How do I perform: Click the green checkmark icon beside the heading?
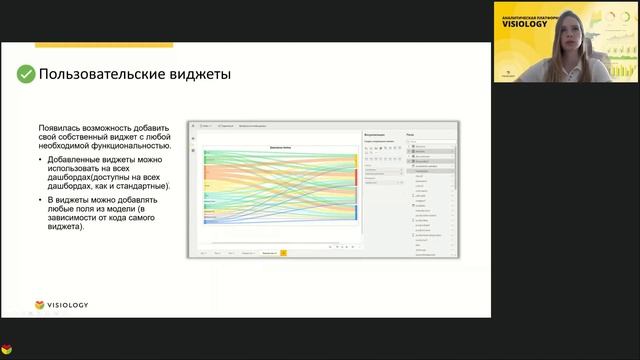(25, 74)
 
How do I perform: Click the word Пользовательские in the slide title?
(96, 74)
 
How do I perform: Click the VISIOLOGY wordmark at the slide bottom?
(71, 305)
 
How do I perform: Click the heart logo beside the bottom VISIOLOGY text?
(39, 305)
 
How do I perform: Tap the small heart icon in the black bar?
(7, 351)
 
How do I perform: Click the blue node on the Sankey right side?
(356, 212)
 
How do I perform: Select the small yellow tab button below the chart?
(283, 254)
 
